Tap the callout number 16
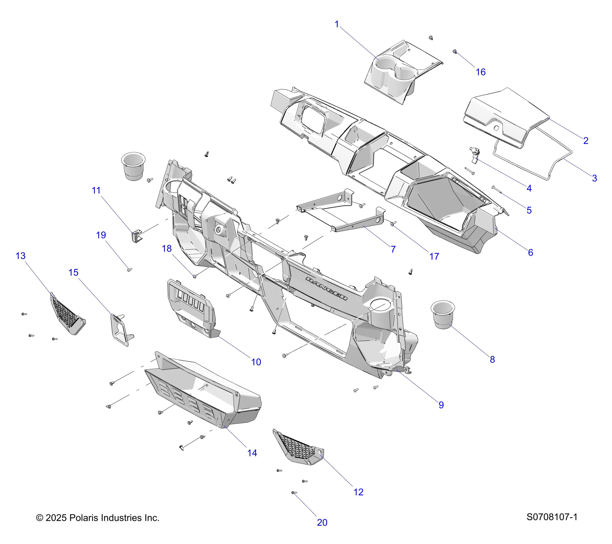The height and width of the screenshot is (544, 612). [x=481, y=72]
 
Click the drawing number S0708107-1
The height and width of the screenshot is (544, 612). [x=552, y=517]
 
